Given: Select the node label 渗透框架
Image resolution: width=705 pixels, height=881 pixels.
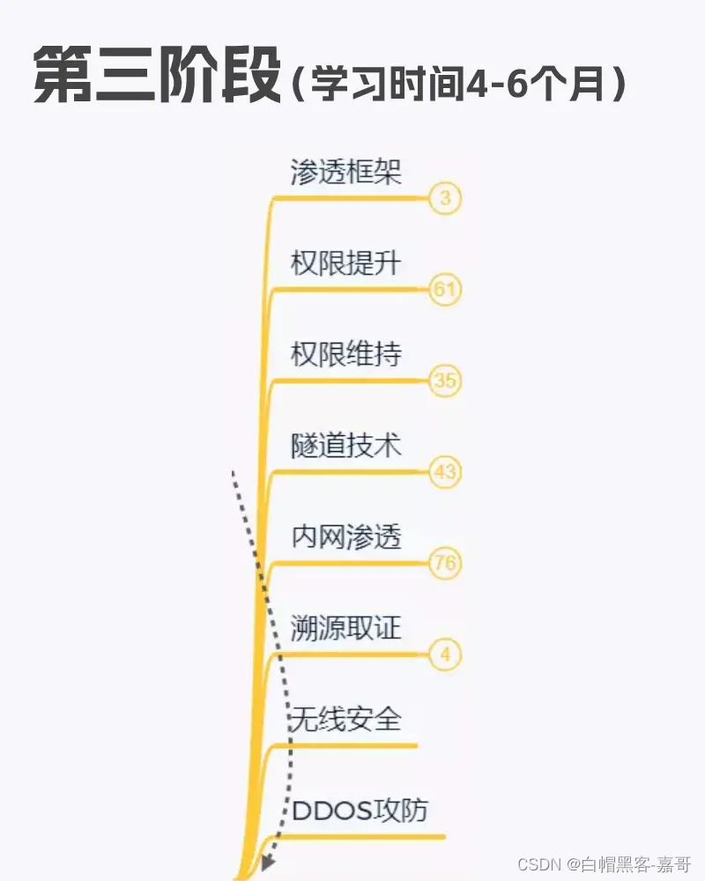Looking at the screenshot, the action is [346, 172].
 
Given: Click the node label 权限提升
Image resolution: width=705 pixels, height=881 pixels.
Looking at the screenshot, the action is [346, 263].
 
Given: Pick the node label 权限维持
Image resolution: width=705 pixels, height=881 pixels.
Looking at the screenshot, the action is [346, 354].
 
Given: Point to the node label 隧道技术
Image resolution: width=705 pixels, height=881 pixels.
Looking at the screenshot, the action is [346, 445].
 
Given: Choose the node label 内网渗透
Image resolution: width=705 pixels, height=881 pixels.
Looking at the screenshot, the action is [346, 537].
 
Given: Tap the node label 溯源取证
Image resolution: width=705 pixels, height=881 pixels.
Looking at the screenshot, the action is [346, 628].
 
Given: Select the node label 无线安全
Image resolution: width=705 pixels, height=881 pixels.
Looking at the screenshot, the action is [346, 719].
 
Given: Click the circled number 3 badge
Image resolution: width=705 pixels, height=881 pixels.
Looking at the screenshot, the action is [445, 199].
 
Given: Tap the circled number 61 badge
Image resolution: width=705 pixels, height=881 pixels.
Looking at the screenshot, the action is [445, 290].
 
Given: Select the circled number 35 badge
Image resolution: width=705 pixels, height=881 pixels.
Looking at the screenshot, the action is [445, 381].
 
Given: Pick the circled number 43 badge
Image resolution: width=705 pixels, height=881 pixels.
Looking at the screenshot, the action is [445, 473].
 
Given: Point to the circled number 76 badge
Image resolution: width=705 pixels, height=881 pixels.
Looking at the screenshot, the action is [445, 564].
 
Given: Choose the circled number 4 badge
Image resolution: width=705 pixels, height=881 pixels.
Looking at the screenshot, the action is [445, 655].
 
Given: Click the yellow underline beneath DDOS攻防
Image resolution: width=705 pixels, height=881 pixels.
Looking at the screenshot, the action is [370, 835].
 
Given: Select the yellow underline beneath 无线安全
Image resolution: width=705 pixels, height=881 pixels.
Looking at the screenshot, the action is [352, 745].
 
